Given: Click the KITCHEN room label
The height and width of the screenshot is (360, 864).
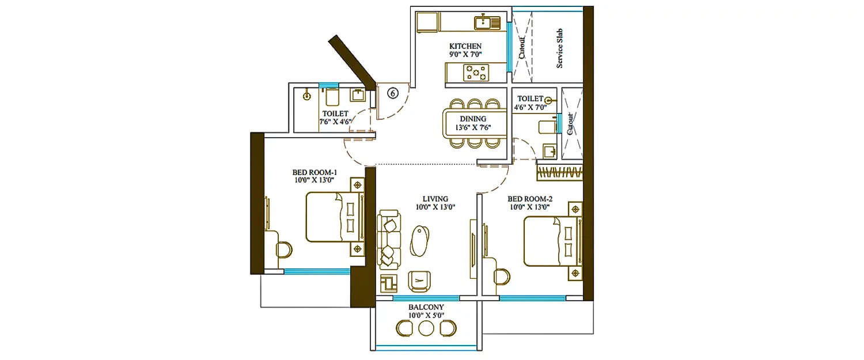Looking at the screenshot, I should tap(465, 46).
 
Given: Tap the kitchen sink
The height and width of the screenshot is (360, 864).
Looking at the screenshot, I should tap(487, 22).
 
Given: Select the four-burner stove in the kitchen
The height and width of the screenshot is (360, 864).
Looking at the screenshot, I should tap(476, 73).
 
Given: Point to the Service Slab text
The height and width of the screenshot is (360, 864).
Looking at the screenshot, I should tap(559, 49).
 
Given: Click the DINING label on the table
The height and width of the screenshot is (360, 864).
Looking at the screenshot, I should tap(472, 119).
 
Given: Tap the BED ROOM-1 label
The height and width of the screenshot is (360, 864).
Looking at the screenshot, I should tap(314, 172).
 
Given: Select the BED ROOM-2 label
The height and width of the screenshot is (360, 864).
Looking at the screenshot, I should tap(530, 199).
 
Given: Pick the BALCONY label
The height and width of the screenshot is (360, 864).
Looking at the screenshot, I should tap(426, 308).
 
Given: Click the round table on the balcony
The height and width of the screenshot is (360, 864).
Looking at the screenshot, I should tap(426, 328).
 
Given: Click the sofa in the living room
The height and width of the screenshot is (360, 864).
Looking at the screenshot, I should tap(389, 239).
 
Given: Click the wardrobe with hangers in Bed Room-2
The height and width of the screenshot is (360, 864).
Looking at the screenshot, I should tap(559, 173).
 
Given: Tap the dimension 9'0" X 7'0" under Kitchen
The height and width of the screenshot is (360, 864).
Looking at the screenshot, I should tap(465, 54).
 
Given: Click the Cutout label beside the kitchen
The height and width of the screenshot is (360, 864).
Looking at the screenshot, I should tap(522, 48).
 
